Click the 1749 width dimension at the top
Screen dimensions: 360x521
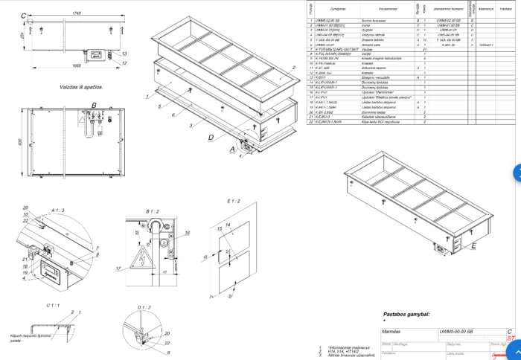coord(77,12)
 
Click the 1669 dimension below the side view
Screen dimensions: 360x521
coord(77,66)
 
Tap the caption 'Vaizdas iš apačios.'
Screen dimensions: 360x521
coord(77,86)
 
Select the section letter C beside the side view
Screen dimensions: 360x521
coord(24,16)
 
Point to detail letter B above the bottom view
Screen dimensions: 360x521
coord(113,105)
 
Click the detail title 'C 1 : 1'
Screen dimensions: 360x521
coord(53,305)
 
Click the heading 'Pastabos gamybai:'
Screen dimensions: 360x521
coord(406,315)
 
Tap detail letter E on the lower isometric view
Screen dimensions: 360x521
coord(472,245)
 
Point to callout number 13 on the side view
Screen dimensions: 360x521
coord(124,54)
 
